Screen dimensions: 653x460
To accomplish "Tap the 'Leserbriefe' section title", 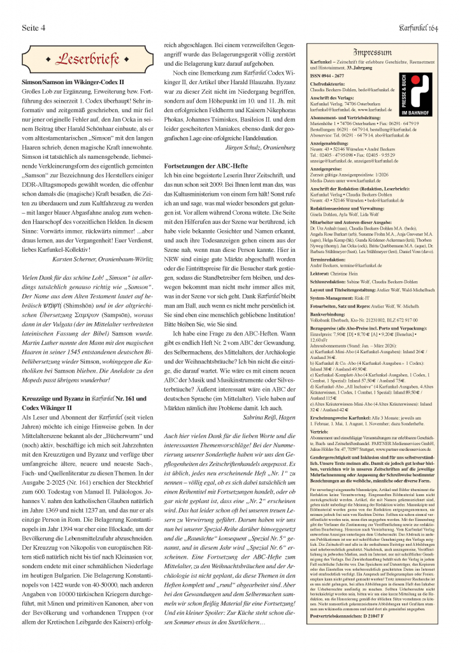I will tap(83, 61).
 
